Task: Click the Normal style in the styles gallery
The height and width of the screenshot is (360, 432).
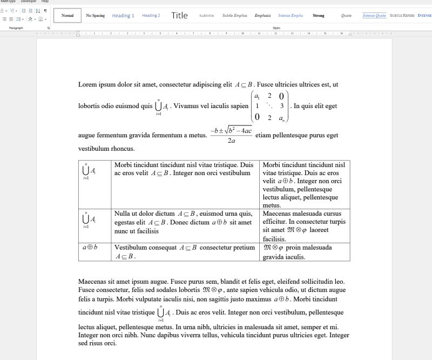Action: [x=67, y=16]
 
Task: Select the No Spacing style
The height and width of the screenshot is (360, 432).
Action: [x=95, y=16]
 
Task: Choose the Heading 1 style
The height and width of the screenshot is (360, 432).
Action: [x=123, y=16]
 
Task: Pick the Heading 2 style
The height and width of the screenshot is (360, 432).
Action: [x=151, y=16]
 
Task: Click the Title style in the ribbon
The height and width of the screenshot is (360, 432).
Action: [x=179, y=16]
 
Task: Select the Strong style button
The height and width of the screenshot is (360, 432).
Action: [x=319, y=16]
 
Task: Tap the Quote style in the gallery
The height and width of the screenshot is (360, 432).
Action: [x=347, y=16]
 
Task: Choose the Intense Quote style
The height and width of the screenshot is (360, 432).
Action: [x=374, y=16]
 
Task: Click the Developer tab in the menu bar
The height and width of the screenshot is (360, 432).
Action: [x=29, y=2]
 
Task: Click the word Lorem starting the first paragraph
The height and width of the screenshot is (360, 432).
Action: [x=87, y=85]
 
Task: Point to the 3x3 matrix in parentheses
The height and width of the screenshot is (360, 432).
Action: [x=270, y=106]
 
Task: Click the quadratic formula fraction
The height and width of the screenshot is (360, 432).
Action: [x=231, y=135]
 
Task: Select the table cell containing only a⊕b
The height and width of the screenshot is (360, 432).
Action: [x=90, y=248]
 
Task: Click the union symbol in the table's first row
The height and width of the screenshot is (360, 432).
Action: [x=86, y=171]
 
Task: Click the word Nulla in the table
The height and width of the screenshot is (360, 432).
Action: [x=123, y=214]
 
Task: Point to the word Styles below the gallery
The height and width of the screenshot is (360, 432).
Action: [x=276, y=28]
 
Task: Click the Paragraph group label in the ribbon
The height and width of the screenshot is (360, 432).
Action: [x=16, y=28]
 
